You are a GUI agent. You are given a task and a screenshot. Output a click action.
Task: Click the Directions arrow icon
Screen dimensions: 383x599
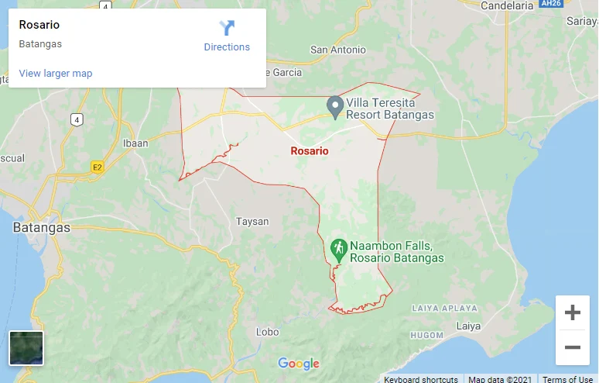[x=227, y=29]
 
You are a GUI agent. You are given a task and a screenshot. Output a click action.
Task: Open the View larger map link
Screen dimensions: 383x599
[x=56, y=74]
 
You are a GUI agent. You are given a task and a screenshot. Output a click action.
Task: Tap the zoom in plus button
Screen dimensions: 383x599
[x=573, y=312]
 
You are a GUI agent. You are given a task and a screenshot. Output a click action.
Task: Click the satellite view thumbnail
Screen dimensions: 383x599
[x=26, y=347]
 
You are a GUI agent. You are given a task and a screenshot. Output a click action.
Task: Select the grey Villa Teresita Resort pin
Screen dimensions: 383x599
[x=334, y=106]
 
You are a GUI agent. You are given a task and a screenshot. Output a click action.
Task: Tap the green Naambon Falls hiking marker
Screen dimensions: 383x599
[x=338, y=249]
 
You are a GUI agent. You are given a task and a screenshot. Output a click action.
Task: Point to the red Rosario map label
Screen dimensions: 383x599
[x=310, y=150]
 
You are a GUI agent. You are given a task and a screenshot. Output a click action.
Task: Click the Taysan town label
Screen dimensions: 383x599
[x=252, y=222]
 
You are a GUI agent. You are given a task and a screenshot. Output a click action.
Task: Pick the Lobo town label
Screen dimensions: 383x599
[x=267, y=332]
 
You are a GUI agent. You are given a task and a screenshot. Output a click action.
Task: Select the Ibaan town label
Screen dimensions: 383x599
[x=135, y=143]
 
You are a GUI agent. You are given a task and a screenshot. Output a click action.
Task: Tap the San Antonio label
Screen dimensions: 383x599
[x=338, y=50]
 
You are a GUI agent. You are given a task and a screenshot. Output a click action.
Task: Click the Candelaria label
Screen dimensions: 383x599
[x=508, y=6]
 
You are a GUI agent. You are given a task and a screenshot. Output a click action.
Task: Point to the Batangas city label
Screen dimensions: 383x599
[x=42, y=228]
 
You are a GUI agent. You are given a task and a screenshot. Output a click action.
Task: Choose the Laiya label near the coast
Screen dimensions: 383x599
[x=468, y=326]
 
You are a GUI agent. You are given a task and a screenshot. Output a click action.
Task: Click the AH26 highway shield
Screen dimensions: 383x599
[x=550, y=4]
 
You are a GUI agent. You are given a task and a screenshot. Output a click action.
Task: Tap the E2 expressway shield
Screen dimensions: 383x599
[x=97, y=166]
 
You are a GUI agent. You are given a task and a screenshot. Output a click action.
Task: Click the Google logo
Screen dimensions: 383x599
[x=299, y=364]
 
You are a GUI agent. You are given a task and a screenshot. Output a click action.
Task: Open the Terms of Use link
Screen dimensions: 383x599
[x=568, y=379]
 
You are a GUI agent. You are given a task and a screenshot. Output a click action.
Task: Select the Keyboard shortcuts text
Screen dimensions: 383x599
[x=421, y=379]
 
